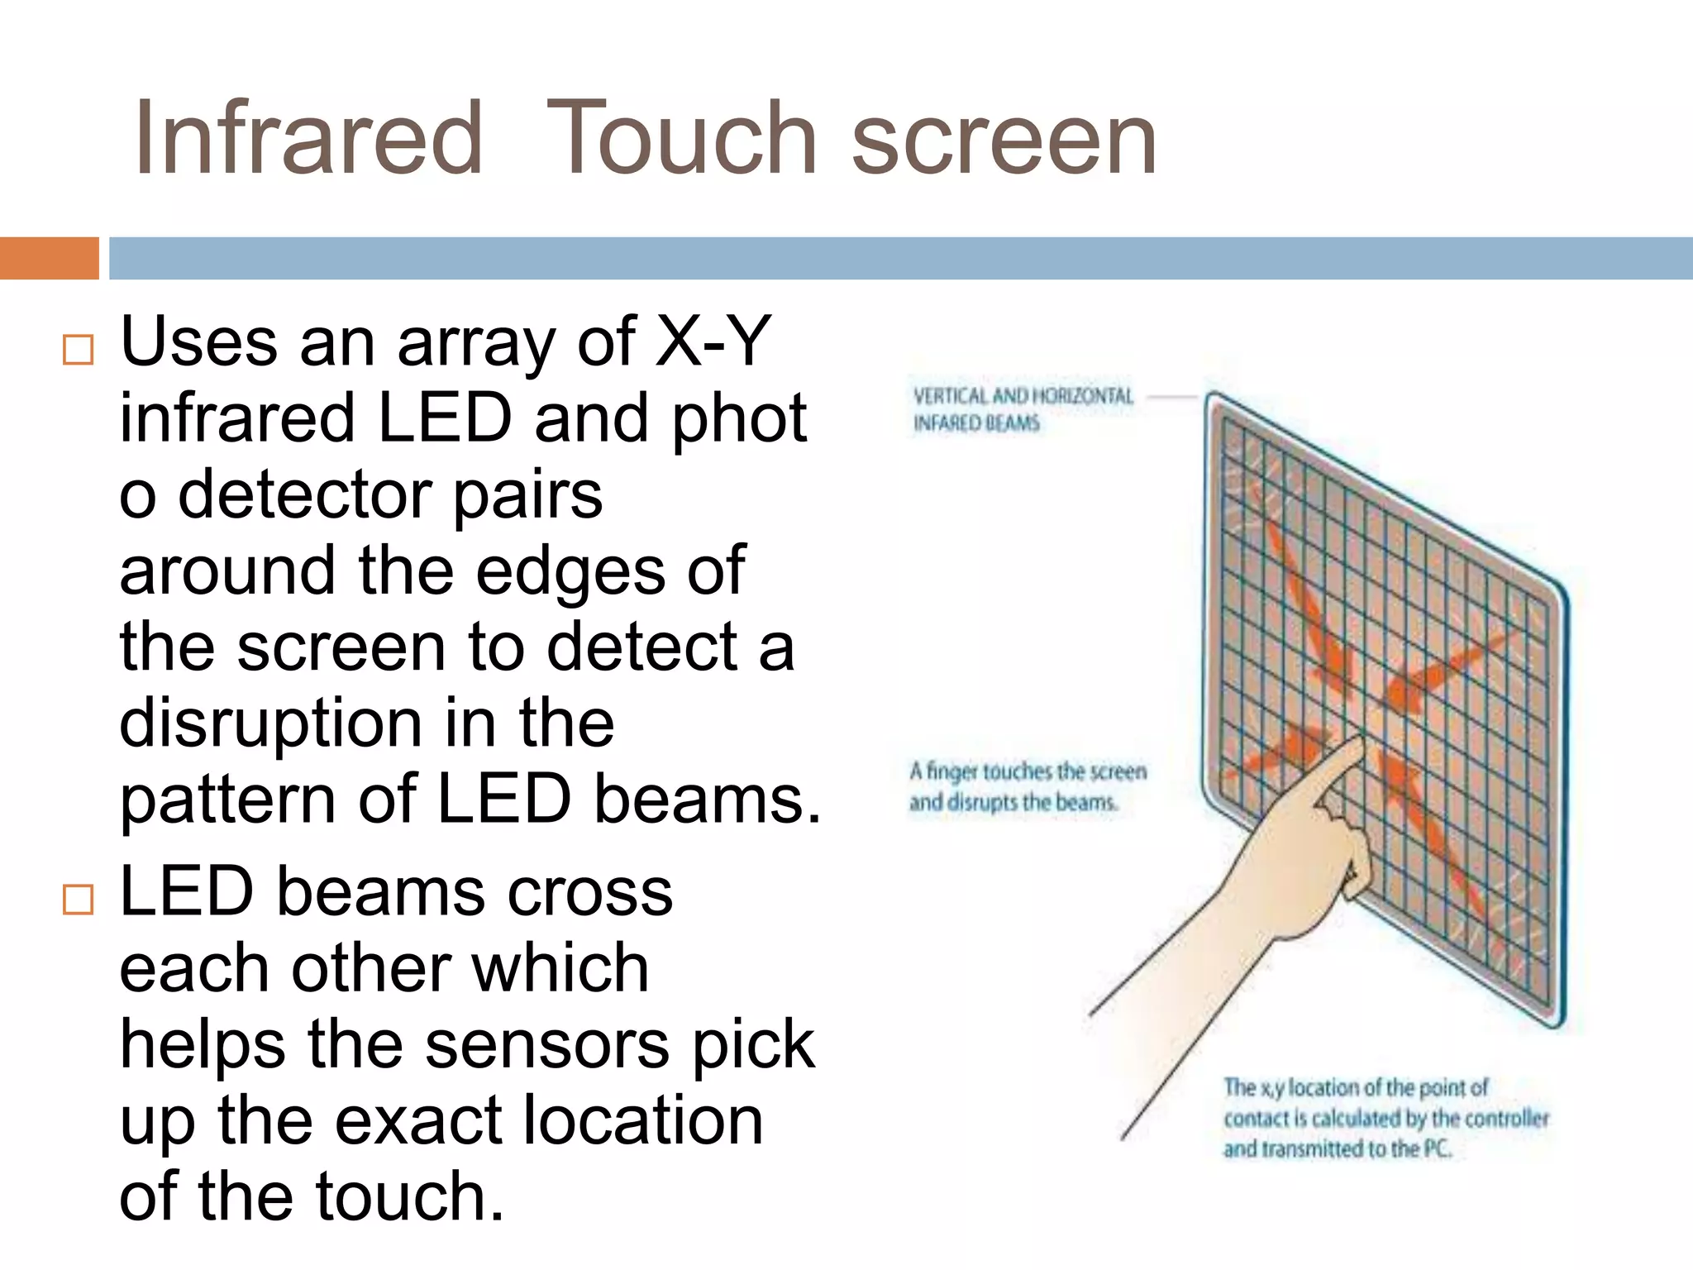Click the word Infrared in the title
tap(308, 138)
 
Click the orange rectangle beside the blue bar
tap(49, 258)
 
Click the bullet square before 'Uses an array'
tap(78, 350)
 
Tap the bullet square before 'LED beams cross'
tap(78, 899)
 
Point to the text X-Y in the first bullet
tap(713, 341)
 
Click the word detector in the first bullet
tap(305, 494)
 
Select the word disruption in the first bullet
tap(271, 723)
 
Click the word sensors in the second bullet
tap(546, 1044)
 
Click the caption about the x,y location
tap(1385, 1118)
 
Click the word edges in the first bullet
tap(570, 571)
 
